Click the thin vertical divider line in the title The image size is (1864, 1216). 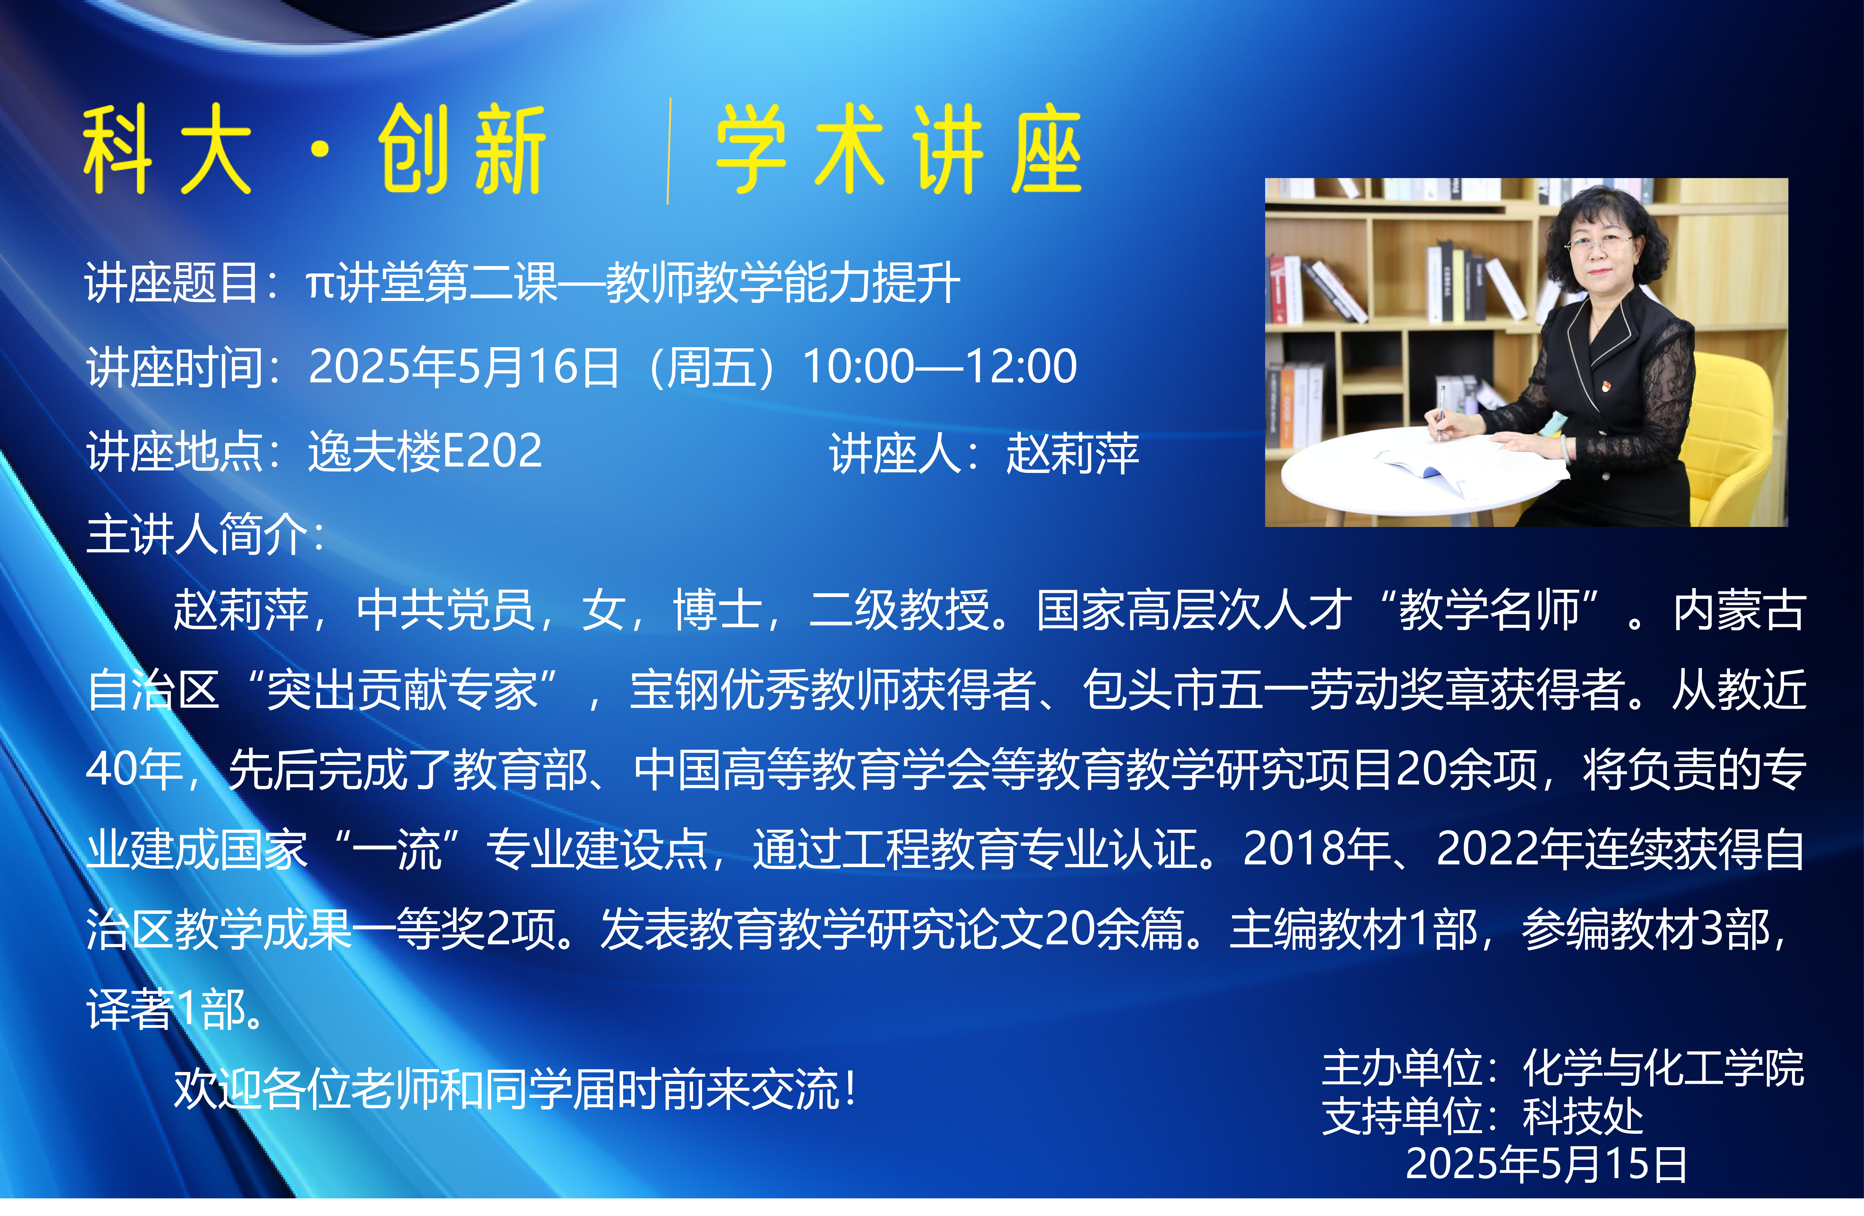click(x=668, y=151)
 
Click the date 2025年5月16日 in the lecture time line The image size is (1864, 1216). click(x=464, y=367)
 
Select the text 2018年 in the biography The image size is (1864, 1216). click(x=1316, y=849)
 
